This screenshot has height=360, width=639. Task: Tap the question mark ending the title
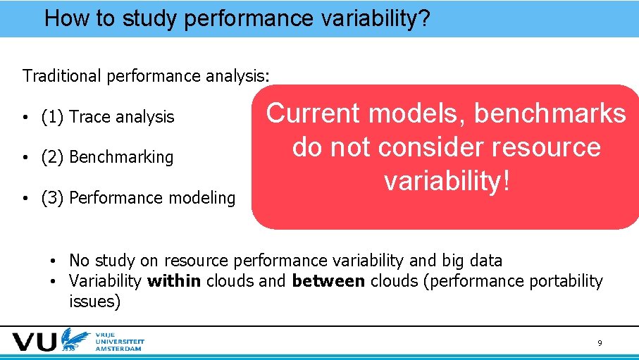coord(423,18)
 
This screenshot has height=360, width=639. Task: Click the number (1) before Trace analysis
coord(54,117)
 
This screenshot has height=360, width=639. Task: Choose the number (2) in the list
coord(54,157)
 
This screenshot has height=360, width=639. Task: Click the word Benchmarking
coord(121,157)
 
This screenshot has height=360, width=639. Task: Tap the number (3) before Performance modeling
coord(54,198)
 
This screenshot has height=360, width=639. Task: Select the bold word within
coord(174,282)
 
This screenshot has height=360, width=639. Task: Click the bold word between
coord(328,282)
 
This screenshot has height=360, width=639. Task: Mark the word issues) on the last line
coord(95,302)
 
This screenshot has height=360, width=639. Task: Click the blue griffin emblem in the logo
coord(73,340)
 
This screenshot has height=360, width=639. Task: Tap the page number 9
coord(600,343)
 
